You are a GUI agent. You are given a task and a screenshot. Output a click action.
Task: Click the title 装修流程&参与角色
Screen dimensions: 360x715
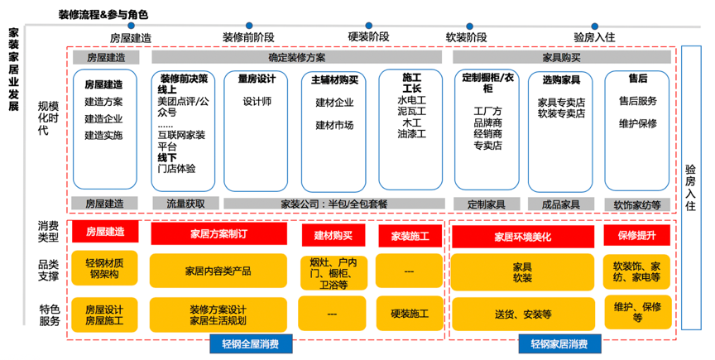click(103, 15)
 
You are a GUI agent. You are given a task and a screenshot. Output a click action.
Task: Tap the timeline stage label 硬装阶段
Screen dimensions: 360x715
click(368, 37)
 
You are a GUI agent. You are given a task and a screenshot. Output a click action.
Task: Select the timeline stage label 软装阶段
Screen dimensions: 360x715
click(466, 37)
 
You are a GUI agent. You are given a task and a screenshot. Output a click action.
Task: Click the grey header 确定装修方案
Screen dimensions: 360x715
click(297, 57)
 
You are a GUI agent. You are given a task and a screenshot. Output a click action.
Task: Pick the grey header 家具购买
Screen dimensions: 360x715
click(561, 57)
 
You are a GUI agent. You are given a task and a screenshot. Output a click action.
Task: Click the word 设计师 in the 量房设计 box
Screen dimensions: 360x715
click(257, 102)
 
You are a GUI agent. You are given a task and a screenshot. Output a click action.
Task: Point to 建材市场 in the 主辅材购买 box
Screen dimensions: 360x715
click(334, 126)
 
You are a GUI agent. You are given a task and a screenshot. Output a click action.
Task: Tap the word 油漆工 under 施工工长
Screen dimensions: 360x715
click(411, 133)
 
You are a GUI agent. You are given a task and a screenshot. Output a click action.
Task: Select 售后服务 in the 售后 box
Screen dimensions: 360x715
click(637, 101)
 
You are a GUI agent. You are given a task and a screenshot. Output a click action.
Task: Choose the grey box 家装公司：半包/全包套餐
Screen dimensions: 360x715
click(335, 204)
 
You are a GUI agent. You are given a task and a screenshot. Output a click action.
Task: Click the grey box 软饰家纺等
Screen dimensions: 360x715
click(637, 204)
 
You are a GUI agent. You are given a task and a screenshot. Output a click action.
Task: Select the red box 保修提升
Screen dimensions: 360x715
click(636, 236)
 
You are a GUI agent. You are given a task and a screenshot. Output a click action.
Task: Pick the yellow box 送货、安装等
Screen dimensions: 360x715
click(522, 314)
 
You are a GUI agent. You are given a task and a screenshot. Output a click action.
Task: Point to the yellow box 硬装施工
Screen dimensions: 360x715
click(409, 314)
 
